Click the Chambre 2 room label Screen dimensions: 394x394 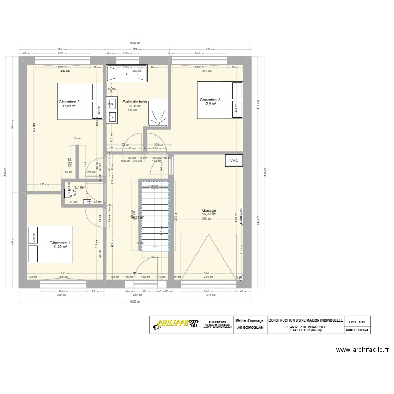(69, 102)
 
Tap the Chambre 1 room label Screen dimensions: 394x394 (59, 243)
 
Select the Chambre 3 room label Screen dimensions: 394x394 (210, 100)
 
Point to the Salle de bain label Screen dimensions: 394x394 (134, 102)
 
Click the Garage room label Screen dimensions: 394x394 (209, 210)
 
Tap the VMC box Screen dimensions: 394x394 (234, 161)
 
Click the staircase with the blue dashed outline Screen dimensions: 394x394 (154, 215)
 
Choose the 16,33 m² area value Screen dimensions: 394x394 (209, 214)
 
